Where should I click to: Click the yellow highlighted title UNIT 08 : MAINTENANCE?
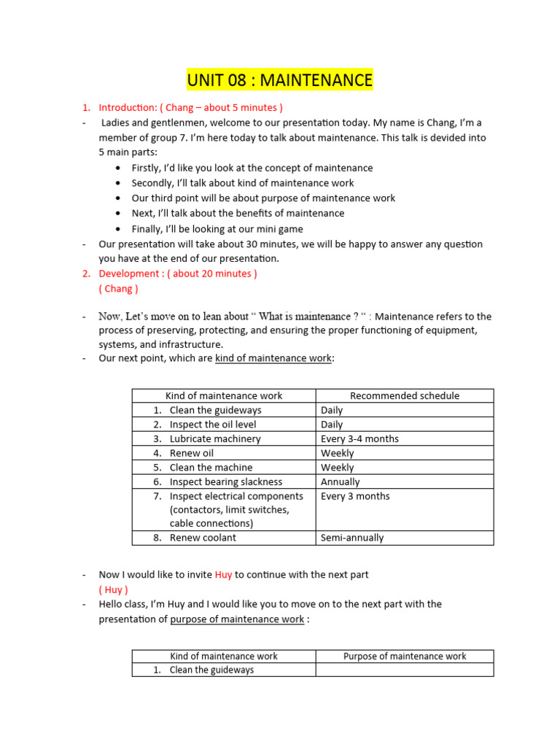pos(279,80)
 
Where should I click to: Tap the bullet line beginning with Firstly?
pos(252,168)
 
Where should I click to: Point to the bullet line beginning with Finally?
pos(227,228)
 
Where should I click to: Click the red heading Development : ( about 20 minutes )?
pos(178,274)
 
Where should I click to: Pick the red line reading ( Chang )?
pos(118,288)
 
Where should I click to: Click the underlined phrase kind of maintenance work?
pos(273,358)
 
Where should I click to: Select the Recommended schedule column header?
pos(405,395)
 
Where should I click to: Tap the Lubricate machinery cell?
pos(214,438)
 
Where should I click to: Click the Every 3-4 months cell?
pos(359,438)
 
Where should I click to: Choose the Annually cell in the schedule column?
pos(340,481)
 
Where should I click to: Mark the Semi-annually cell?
pos(351,538)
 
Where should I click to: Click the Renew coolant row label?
pos(203,538)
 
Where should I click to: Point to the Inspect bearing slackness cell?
pos(225,481)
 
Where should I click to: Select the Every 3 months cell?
pos(355,496)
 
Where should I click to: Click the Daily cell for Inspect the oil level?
pos(332,424)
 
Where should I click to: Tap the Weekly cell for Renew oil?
pos(337,453)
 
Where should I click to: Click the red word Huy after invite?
pos(223,574)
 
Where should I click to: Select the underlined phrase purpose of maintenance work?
pos(237,619)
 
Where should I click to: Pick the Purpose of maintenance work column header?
pos(405,656)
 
